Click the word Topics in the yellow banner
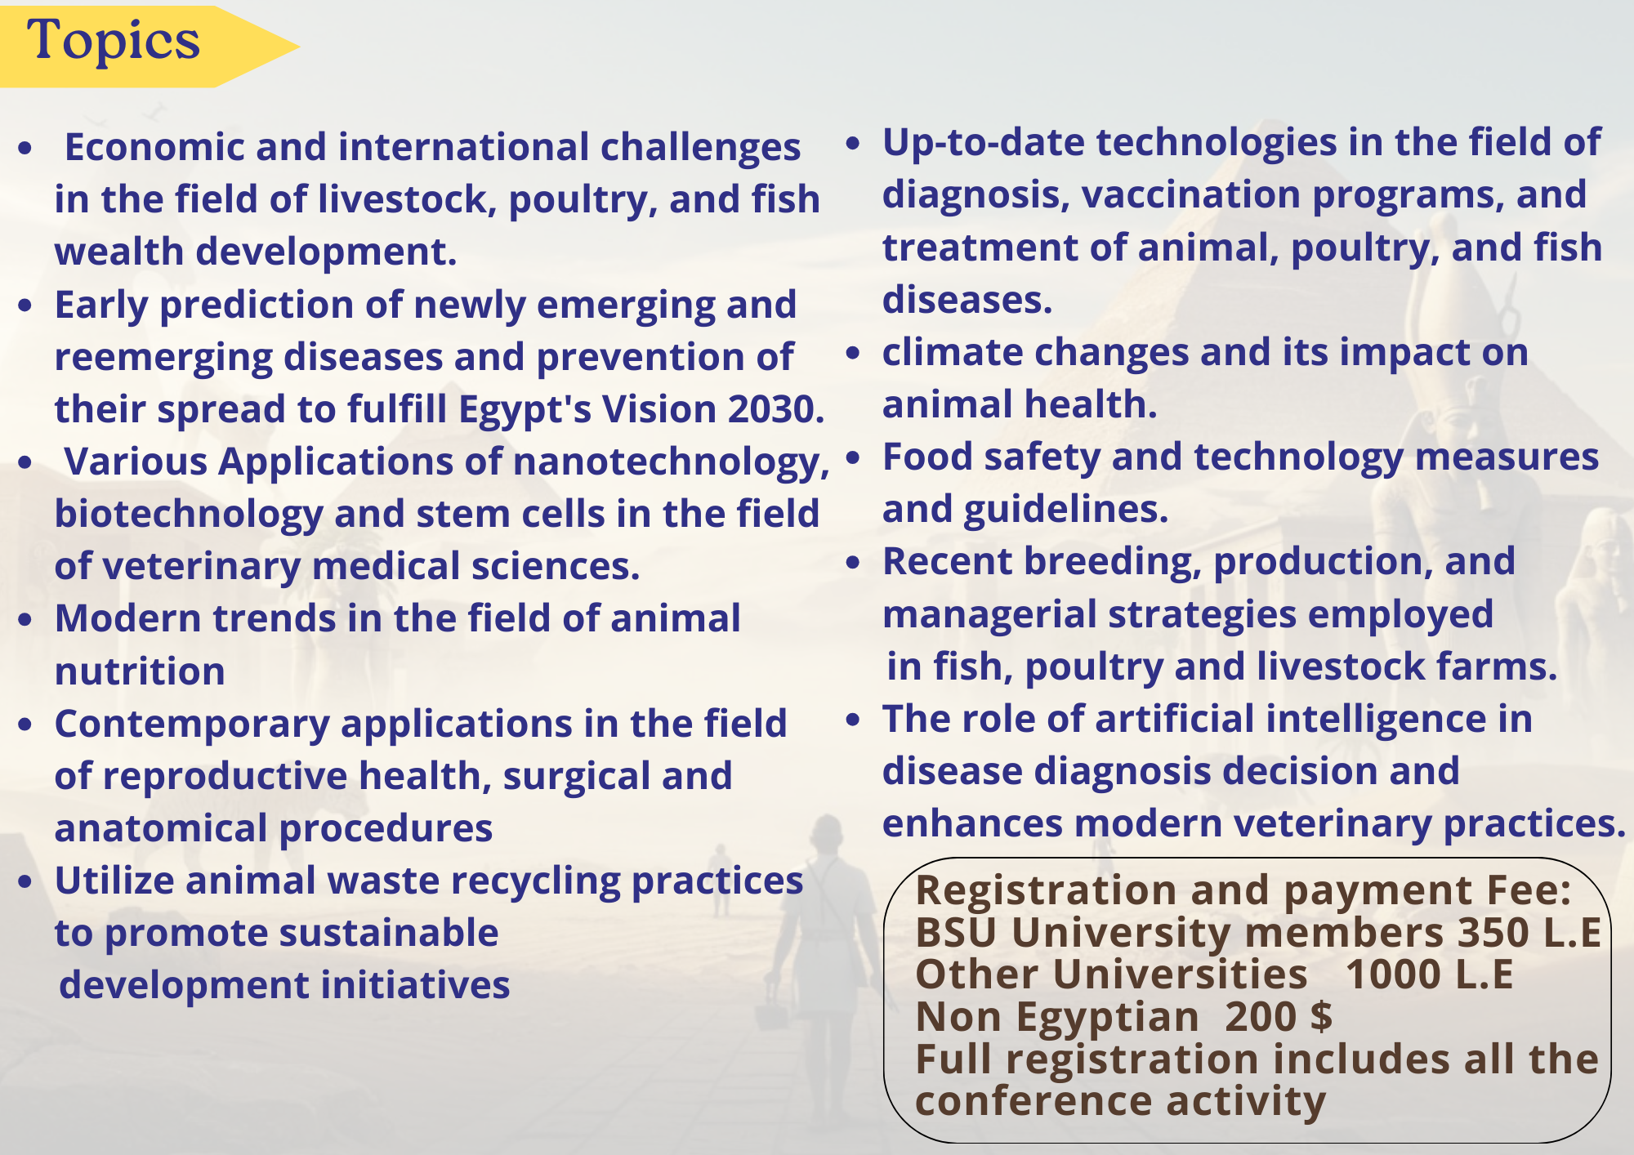(114, 40)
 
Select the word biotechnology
(189, 515)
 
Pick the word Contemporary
(191, 725)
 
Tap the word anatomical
(161, 828)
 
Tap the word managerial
(989, 615)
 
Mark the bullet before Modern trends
(25, 620)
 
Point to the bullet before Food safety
(853, 458)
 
